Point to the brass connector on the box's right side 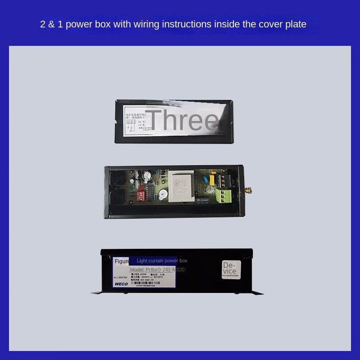click(x=248, y=189)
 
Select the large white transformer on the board click(x=182, y=185)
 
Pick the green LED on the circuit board click(x=131, y=187)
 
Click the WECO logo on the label click(x=121, y=284)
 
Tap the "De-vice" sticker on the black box click(x=229, y=268)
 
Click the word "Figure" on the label click(x=122, y=261)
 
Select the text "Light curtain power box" click(x=162, y=261)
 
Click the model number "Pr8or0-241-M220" click(x=157, y=270)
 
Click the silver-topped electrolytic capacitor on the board click(x=146, y=175)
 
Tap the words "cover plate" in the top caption click(x=284, y=24)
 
